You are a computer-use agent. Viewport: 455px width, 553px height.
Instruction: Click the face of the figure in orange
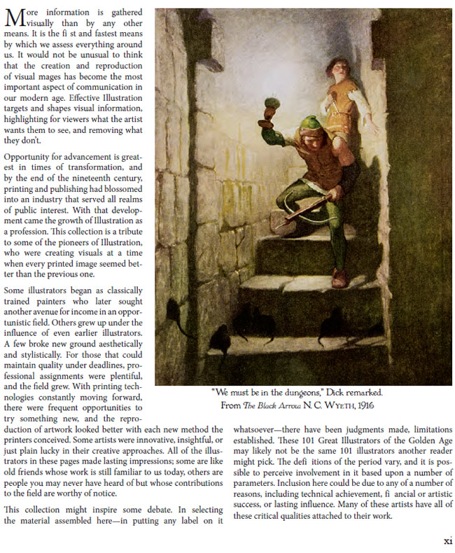pyautogui.click(x=337, y=67)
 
